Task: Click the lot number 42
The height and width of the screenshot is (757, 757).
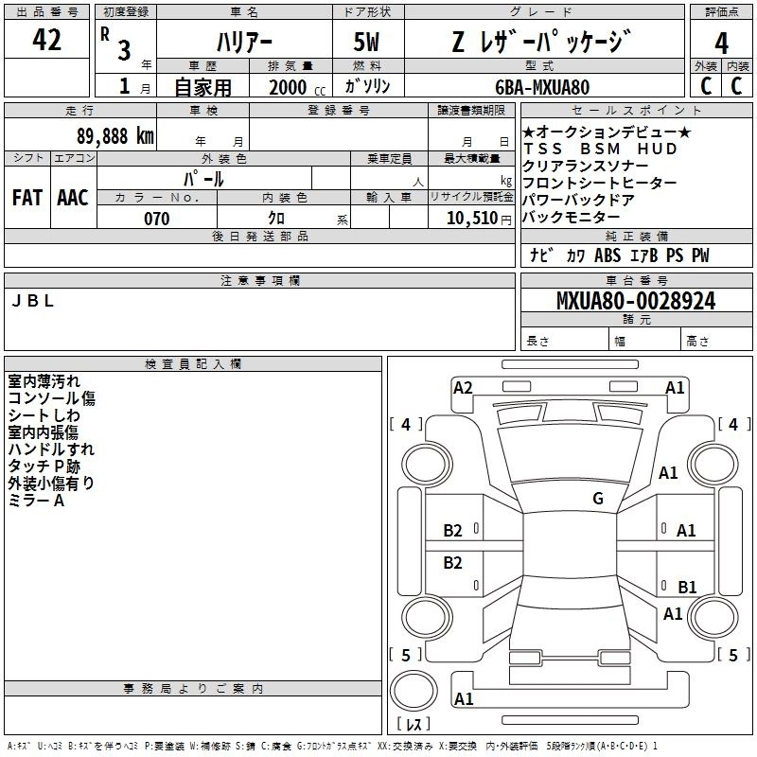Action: (46, 41)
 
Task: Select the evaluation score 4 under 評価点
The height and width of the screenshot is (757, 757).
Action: (721, 43)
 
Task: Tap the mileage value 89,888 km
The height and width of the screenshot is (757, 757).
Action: (115, 135)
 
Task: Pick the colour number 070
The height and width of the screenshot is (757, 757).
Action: (156, 219)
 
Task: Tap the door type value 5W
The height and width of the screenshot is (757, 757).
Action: (367, 43)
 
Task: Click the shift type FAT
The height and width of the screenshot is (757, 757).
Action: (27, 198)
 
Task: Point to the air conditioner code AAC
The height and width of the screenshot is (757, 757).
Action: (73, 198)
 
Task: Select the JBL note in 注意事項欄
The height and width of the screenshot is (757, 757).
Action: (32, 301)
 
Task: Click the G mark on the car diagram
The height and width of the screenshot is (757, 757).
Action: (597, 499)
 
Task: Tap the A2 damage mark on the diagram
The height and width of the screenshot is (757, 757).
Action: (463, 387)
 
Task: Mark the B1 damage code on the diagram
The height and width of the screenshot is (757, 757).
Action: (687, 588)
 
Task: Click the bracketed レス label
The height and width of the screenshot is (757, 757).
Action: (413, 724)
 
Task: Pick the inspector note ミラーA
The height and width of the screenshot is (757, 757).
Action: (36, 500)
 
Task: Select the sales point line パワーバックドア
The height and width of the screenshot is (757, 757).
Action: (578, 201)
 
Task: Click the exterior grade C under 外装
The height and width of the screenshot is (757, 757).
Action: (705, 87)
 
